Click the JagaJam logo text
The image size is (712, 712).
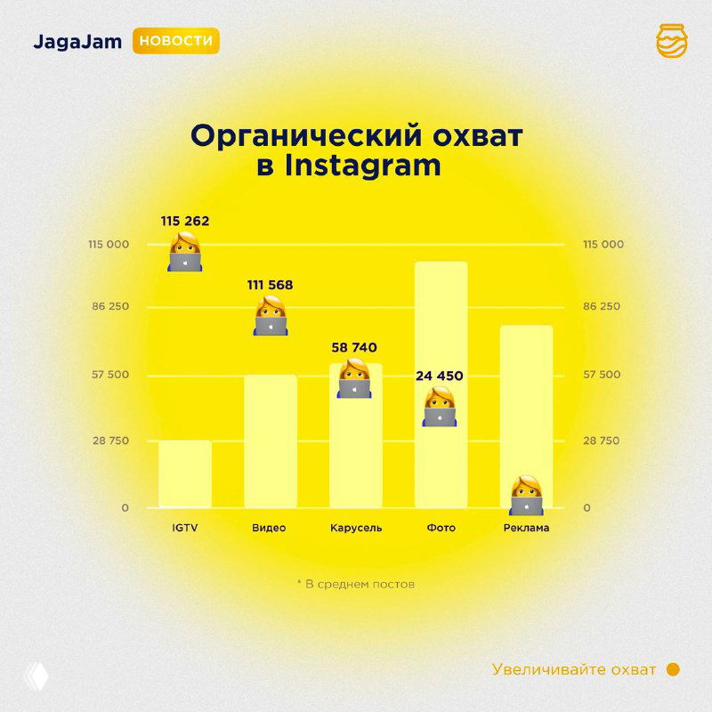pos(78,42)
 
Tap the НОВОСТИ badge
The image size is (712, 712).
pos(176,42)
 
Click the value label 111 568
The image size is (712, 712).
pos(270,285)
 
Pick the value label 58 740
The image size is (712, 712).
pos(355,347)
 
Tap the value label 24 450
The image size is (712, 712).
pos(440,376)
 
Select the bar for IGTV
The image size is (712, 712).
pos(185,473)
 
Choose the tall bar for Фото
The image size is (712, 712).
pos(441,384)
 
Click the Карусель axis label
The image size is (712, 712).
pos(355,528)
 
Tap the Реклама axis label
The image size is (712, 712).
pos(526,528)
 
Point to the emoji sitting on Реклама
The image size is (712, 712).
pos(526,495)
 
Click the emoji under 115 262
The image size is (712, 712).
pos(185,251)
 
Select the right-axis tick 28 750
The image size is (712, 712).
pos(603,441)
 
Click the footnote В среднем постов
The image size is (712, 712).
pos(355,585)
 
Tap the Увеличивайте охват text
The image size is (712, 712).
pos(574,669)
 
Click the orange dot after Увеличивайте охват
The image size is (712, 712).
pos(673,669)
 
